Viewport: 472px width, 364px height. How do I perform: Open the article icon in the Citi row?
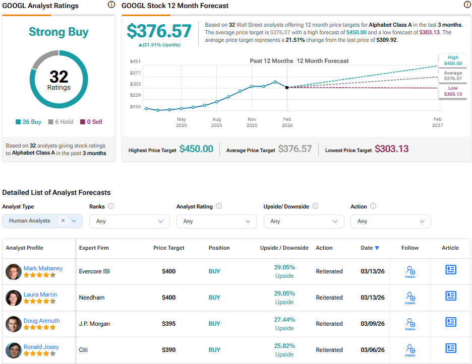450,348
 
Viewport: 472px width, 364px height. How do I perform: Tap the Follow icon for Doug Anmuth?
410,323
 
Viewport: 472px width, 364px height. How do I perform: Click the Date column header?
370,248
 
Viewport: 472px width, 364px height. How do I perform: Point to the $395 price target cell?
168,324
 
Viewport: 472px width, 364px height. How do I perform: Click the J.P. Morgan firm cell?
94,324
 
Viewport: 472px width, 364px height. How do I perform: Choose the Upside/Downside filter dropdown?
304,221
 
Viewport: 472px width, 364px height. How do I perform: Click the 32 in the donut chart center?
59,77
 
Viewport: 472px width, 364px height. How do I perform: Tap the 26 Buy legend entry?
28,122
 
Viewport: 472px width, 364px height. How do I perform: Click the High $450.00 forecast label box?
452,60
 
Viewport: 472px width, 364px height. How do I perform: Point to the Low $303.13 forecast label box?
452,91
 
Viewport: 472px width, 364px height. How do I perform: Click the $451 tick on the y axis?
135,61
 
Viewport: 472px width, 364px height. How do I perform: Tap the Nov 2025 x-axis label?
252,122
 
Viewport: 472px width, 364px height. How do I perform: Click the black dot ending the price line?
287,88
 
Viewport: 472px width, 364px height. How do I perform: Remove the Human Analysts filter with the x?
63,221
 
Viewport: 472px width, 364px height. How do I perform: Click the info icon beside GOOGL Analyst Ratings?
111,5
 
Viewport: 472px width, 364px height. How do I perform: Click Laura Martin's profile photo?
13,298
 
